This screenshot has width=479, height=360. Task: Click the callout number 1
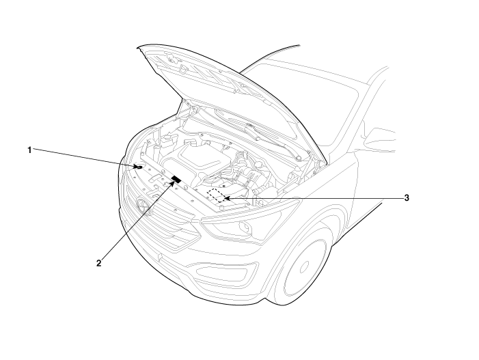[x=29, y=150]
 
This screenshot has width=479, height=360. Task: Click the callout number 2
[x=98, y=263]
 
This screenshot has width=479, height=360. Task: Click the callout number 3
[x=407, y=198]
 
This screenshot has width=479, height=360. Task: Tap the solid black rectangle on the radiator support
[x=176, y=179]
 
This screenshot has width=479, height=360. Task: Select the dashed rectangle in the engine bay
[x=217, y=196]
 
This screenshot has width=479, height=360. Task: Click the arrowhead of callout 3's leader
[x=226, y=199]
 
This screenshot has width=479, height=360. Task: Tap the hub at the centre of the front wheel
[x=304, y=267]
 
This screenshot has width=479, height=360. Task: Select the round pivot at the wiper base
[x=299, y=158]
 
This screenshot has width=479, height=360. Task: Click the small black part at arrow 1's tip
[x=140, y=167]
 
